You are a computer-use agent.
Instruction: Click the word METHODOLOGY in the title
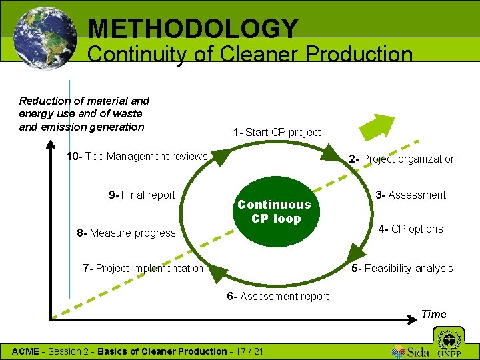tap(193, 28)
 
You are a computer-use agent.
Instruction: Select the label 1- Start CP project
tap(277, 132)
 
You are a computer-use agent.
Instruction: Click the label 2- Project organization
tap(402, 159)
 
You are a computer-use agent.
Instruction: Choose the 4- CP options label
tap(410, 229)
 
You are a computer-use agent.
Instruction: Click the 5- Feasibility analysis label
tap(402, 268)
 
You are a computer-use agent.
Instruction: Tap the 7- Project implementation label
tap(143, 268)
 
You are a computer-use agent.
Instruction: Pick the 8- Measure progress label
tap(126, 233)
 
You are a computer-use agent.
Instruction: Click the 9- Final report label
tap(142, 195)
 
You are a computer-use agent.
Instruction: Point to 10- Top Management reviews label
tap(137, 156)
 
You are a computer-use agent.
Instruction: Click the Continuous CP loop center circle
tap(274, 211)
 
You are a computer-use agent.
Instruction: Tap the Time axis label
tap(433, 314)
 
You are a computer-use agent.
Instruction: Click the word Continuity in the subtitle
tap(137, 54)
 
